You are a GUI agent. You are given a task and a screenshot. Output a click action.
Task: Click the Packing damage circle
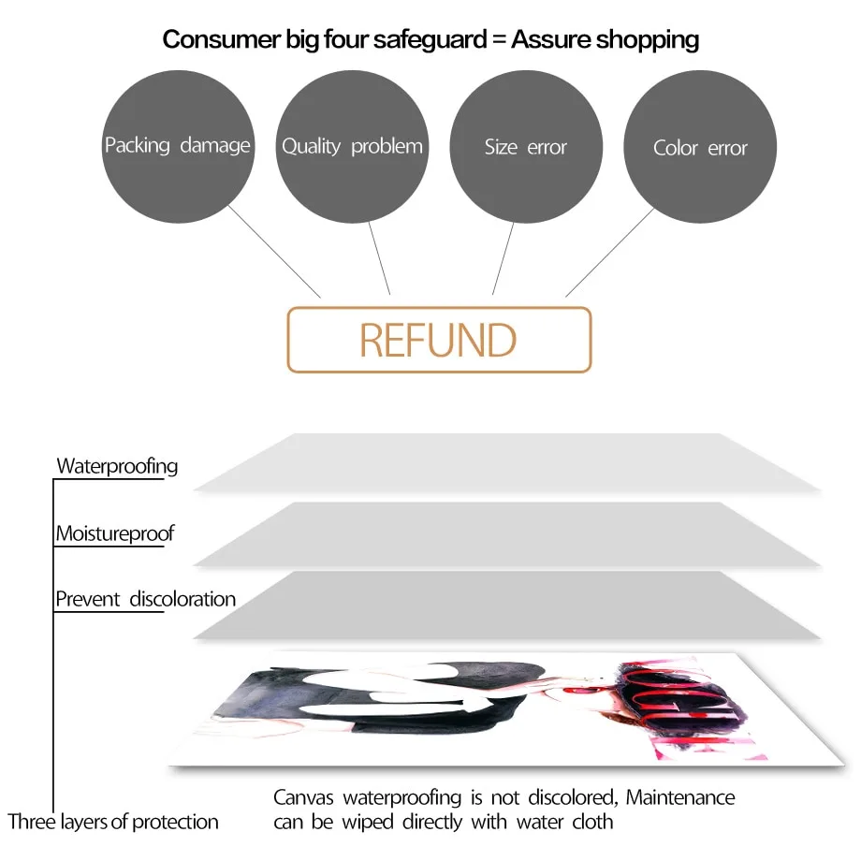pos(178,147)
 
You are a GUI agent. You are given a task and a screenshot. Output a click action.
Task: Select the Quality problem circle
pos(352,147)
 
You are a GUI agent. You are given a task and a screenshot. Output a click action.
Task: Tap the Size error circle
pos(526,147)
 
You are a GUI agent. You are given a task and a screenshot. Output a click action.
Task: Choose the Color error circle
pos(700,147)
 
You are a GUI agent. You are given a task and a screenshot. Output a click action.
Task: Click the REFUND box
pos(439,340)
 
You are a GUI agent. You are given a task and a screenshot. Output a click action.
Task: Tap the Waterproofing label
pos(117,467)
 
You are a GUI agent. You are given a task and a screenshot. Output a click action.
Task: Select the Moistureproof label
pos(115,533)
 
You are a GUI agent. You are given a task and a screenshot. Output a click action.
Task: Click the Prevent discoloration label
pos(145,599)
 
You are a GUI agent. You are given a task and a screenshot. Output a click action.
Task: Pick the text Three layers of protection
pos(113,822)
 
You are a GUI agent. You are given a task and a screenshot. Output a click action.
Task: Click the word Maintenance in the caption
pos(680,797)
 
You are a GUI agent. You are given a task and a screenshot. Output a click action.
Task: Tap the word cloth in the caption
pos(592,822)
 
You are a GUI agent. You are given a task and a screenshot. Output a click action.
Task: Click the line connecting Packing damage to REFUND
pos(274,252)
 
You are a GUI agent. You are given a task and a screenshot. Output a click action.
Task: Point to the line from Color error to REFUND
pos(610,253)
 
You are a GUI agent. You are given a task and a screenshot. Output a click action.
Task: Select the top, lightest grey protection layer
pos(508,462)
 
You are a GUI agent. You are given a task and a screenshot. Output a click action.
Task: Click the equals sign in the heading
pos(499,40)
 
